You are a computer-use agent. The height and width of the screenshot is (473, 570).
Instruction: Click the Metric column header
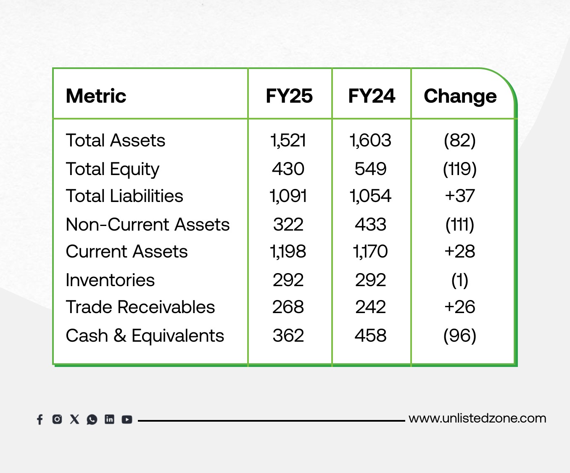[96, 96]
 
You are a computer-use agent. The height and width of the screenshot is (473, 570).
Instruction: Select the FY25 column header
[289, 96]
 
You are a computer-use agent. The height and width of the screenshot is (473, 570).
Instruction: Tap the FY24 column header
[372, 96]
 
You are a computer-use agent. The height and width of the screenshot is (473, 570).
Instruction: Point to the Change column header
[460, 96]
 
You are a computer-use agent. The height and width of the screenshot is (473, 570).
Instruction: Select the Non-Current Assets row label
[148, 225]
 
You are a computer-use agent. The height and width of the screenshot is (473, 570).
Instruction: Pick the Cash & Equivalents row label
[145, 335]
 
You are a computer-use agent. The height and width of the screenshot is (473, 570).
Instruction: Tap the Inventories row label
[110, 280]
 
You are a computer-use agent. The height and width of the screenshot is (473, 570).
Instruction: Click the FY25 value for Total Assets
[288, 141]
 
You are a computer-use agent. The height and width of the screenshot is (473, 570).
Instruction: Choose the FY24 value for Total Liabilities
[370, 196]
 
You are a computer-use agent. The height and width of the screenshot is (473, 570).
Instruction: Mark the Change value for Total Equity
[460, 169]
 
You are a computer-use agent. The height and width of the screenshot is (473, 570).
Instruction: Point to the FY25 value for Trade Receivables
[288, 307]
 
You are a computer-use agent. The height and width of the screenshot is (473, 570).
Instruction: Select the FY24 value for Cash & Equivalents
[370, 335]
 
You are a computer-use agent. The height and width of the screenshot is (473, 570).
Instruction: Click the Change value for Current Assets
[460, 251]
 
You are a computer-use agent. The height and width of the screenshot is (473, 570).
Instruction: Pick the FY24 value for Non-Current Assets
[370, 225]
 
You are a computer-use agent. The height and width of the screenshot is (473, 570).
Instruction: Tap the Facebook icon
[40, 420]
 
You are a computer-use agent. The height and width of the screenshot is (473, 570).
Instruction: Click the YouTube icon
[127, 420]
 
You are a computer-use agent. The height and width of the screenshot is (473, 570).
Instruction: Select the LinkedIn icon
[109, 419]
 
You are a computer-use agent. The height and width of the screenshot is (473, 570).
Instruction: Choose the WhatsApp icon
[92, 420]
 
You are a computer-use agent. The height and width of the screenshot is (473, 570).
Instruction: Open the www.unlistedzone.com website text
[478, 419]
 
